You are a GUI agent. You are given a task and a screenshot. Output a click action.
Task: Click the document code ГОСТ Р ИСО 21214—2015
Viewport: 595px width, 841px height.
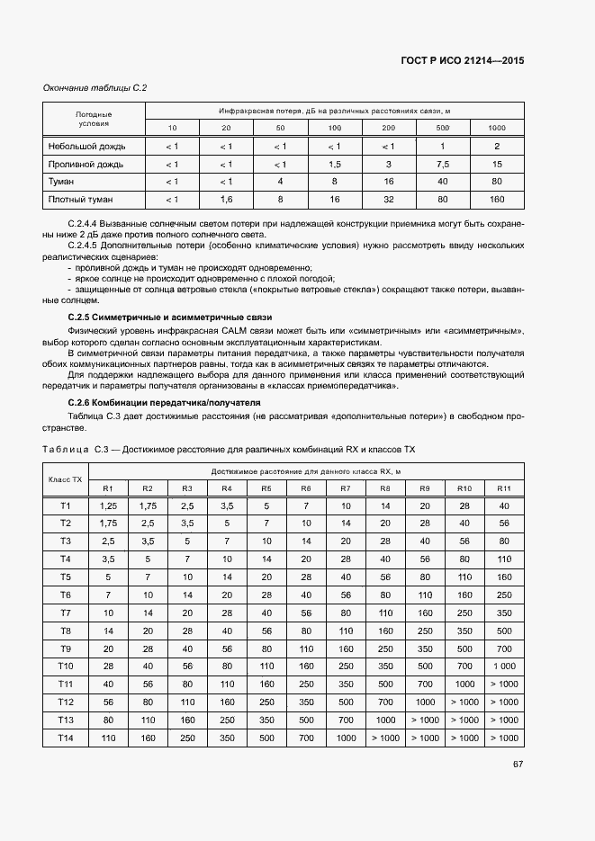462,60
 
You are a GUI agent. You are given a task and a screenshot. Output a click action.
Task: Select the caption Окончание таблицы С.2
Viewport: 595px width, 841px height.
95,87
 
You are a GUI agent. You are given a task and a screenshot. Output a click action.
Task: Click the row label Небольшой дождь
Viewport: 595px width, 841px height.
86,146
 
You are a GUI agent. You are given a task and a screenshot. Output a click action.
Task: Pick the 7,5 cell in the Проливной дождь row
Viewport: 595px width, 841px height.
442,164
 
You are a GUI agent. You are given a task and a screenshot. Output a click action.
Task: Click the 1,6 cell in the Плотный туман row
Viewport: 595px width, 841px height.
226,199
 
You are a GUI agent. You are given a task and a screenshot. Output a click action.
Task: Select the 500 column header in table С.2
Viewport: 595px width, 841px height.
442,128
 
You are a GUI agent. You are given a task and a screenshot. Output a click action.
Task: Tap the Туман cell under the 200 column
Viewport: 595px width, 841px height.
388,181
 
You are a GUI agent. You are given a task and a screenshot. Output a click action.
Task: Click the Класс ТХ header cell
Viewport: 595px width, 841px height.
65,479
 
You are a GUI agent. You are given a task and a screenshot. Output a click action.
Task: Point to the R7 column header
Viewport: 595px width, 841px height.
345,488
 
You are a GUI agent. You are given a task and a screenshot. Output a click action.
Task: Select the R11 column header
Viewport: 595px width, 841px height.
504,488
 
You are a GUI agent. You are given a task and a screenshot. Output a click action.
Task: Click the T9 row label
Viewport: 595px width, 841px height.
65,648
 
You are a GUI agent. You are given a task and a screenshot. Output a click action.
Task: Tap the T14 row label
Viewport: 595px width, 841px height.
65,738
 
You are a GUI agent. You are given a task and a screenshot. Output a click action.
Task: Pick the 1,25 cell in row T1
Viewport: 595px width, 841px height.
108,505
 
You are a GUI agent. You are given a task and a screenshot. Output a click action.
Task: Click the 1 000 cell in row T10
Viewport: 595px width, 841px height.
504,666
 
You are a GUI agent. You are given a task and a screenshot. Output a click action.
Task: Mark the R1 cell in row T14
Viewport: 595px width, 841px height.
108,738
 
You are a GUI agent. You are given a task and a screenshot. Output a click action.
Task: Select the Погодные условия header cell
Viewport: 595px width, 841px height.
94,119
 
